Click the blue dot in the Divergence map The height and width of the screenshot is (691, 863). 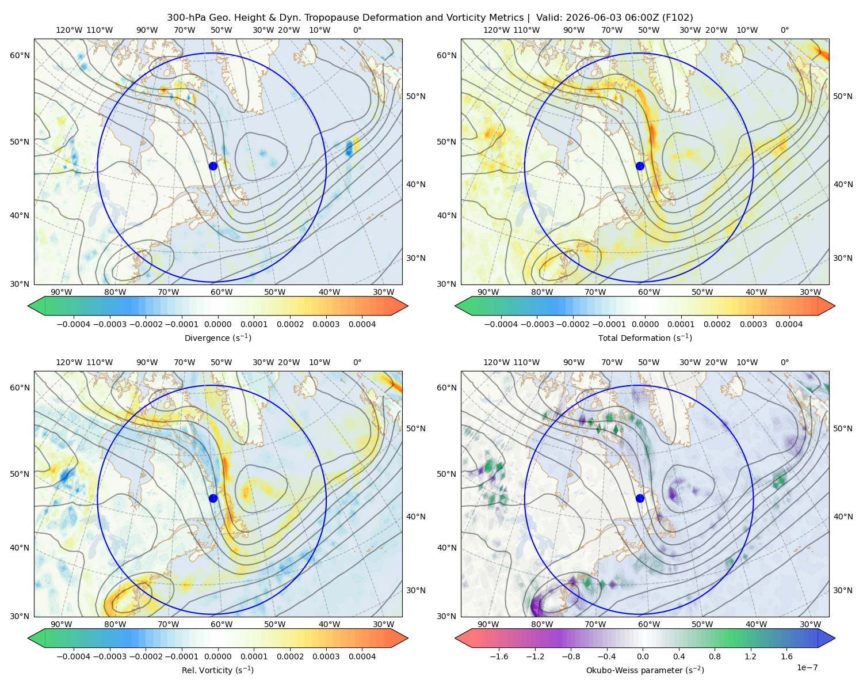click(213, 166)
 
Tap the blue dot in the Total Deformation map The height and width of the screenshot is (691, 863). click(640, 166)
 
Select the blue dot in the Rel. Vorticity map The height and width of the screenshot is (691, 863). click(213, 498)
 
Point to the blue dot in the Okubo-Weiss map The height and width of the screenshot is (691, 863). click(640, 498)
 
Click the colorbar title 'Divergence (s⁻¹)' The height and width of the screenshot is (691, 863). click(217, 337)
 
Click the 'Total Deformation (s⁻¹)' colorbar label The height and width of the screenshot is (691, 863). click(645, 337)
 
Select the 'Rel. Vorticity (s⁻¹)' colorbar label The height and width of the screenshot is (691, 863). click(217, 670)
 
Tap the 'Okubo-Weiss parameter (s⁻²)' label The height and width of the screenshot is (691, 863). click(645, 670)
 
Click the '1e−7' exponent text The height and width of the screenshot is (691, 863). click(807, 667)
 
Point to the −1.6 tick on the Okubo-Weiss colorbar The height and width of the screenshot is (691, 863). click(499, 656)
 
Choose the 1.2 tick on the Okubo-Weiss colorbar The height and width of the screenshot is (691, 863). click(750, 656)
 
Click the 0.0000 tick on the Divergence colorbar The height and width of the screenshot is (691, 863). click(217, 324)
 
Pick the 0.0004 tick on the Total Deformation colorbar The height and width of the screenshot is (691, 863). click(789, 324)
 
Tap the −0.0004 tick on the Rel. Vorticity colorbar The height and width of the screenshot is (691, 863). click(74, 656)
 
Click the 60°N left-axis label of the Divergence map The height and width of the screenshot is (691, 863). click(20, 55)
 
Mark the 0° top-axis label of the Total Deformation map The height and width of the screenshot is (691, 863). click(784, 30)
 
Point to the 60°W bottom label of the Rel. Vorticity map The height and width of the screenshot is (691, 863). click(222, 624)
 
